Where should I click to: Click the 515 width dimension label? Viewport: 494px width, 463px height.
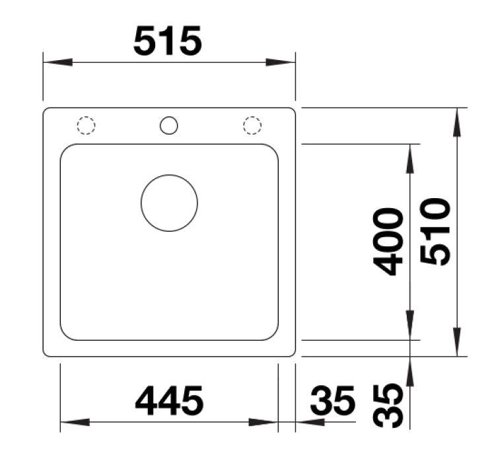[168, 41]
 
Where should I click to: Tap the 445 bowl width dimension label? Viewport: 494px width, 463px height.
[169, 400]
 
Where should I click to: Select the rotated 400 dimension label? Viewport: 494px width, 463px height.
[388, 242]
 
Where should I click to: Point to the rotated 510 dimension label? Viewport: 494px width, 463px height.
[435, 232]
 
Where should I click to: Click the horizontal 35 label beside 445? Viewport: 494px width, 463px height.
[333, 400]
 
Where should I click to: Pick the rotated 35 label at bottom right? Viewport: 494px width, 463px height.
[388, 406]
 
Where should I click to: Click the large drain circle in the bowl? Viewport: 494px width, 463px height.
[169, 203]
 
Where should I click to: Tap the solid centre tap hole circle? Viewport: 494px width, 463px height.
[169, 125]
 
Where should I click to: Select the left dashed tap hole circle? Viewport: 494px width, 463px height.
[86, 125]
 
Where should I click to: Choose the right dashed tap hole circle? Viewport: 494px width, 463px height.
[252, 125]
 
